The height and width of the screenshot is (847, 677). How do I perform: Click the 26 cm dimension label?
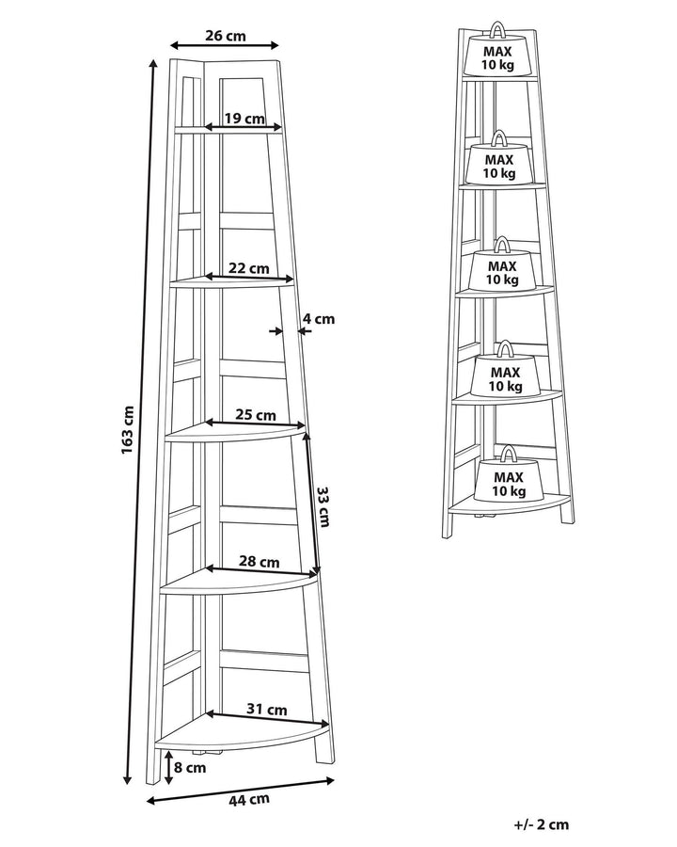pos(225,36)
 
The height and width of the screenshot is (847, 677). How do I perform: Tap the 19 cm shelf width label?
pos(244,119)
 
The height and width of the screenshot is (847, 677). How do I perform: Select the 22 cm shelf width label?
pos(248,267)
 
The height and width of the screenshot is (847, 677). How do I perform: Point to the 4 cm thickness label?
pos(318,319)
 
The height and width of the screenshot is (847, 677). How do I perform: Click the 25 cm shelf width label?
pos(256,415)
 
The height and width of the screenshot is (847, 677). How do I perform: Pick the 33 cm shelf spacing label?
pos(323,506)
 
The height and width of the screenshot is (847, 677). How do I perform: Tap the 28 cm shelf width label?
pos(260,562)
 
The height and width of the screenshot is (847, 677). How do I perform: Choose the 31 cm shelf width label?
pos(267,710)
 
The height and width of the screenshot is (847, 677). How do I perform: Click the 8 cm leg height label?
pos(190,767)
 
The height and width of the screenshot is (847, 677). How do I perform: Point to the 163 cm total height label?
pos(128,429)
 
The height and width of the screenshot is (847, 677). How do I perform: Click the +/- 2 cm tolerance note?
pos(542,824)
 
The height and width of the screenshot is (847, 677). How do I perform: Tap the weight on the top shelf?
pos(497,50)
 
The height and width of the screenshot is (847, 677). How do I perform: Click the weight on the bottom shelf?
pos(508,473)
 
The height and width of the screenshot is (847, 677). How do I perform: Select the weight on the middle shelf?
pos(502,264)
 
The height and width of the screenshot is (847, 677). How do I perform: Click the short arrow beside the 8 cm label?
pos(169,767)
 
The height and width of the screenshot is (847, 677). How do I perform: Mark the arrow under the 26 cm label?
pos(224,45)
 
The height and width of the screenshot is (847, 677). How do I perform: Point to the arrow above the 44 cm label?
pos(241,791)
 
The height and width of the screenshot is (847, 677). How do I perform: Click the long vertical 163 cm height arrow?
pos(140,422)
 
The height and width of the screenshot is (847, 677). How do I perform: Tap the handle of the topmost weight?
pos(497,29)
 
